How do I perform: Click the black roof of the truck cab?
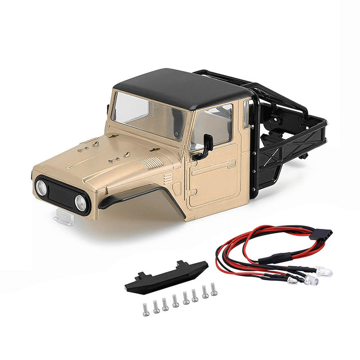click(x=180, y=88)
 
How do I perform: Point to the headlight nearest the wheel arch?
click(x=81, y=202)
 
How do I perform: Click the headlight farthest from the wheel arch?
click(x=41, y=188)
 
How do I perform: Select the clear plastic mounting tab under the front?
click(x=64, y=218)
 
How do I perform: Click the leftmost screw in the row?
click(x=146, y=309)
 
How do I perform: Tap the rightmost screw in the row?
click(x=213, y=290)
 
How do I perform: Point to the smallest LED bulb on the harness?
click(x=292, y=280)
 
